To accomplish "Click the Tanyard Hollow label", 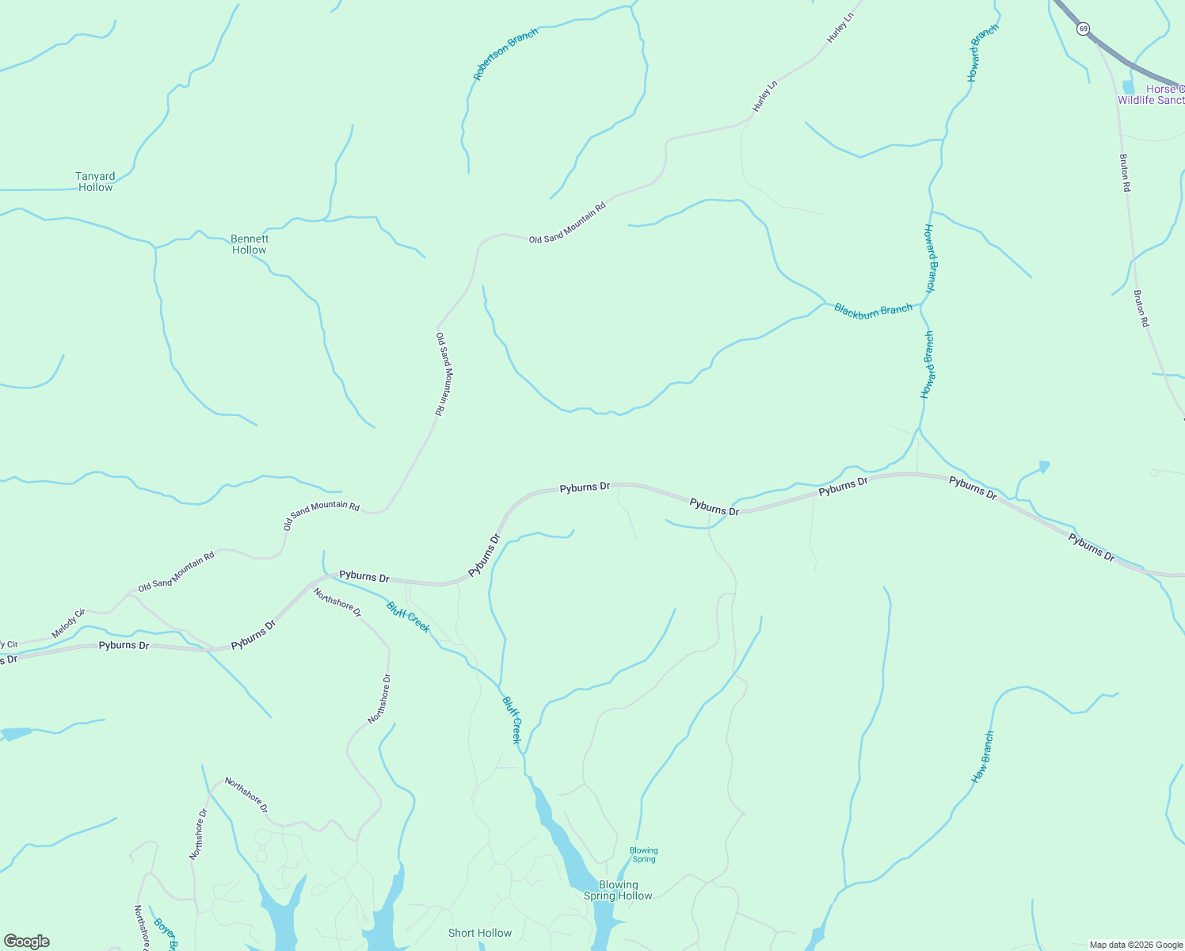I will tap(95, 181).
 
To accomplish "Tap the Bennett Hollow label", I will tap(250, 244).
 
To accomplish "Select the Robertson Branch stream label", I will tap(505, 54).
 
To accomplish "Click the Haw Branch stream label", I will tap(982, 758).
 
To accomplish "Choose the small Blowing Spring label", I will tap(643, 854).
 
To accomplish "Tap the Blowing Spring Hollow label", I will tap(618, 890).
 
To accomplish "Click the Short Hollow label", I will tap(480, 933).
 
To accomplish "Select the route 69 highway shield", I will tap(1083, 29).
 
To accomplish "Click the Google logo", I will tap(25, 941).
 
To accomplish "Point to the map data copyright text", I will tap(1136, 945).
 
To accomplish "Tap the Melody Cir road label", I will tap(68, 624).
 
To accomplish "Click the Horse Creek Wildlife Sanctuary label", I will tap(1153, 94).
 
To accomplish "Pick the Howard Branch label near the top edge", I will tap(982, 53).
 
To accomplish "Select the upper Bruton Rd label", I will tap(1125, 173).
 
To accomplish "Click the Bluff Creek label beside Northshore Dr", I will tap(408, 617).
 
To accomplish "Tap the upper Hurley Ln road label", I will tap(841, 28).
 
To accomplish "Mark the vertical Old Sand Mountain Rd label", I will tap(443, 373).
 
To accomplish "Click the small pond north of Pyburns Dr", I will tap(1044, 467).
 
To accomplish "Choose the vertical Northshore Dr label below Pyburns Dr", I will tap(380, 698).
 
